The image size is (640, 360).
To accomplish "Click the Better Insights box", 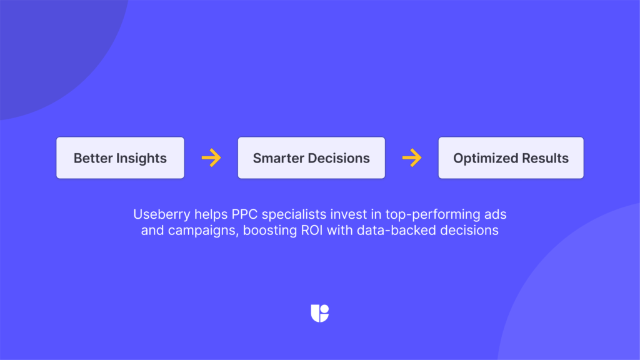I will pos(120,158).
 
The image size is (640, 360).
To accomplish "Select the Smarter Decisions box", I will pos(311,158).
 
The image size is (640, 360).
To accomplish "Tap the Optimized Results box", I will pos(511,158).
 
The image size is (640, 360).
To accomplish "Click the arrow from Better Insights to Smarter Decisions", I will pos(211,158).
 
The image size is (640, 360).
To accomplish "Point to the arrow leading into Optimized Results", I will pos(411,158).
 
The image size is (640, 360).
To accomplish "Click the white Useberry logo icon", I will pos(319,313).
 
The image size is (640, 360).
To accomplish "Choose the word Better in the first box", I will pos(92,158).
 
